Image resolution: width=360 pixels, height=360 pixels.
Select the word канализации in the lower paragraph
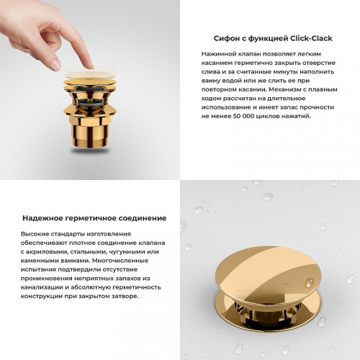[45, 287]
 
